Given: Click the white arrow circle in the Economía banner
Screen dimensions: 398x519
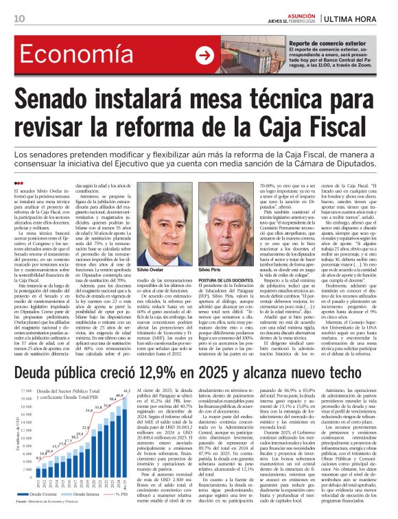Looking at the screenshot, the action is coord(204,56).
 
